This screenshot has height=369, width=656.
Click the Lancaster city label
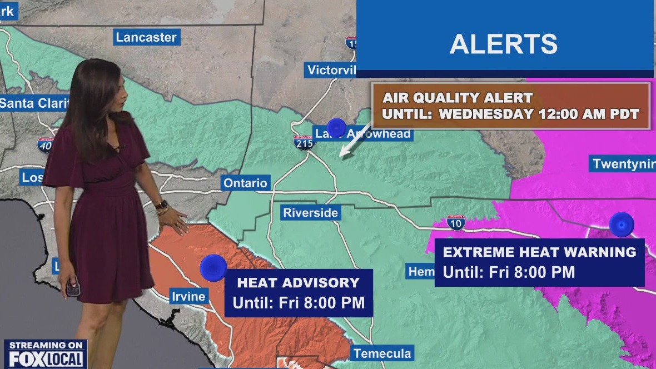click(146, 38)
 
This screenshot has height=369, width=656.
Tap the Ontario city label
click(245, 183)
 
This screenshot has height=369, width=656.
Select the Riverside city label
click(310, 213)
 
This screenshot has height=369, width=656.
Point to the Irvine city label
click(188, 296)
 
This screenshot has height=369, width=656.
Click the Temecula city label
click(382, 353)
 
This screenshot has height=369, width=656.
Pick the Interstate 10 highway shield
click(456, 223)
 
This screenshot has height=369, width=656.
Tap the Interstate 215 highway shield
click(305, 142)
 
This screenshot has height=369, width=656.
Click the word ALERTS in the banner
click(504, 44)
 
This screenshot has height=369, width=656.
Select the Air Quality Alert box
click(511, 106)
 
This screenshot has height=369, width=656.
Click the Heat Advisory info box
click(299, 292)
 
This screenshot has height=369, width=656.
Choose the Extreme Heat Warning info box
click(539, 262)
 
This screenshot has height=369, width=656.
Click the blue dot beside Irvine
click(213, 268)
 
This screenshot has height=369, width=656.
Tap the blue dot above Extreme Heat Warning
click(621, 225)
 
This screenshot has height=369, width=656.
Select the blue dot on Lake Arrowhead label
click(336, 127)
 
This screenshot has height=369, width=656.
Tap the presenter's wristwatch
click(161, 205)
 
